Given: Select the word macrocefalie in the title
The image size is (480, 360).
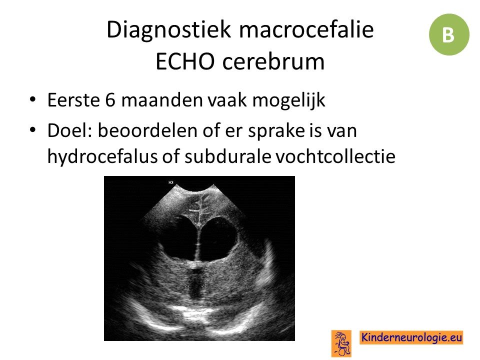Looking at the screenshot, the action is [x=306, y=29].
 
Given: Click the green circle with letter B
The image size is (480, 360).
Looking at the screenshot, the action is [x=449, y=34].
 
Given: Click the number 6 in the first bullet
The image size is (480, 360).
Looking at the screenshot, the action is [x=110, y=100].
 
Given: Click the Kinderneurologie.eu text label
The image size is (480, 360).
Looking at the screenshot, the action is [x=411, y=337].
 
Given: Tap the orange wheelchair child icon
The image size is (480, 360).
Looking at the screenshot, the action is [x=341, y=343].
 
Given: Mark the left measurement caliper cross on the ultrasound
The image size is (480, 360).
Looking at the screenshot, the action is [x=186, y=286].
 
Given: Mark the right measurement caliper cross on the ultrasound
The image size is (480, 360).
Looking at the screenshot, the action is [x=203, y=286].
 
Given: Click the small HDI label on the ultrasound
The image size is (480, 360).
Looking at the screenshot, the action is [x=171, y=182].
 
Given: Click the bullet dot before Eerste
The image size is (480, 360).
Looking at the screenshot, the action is [x=32, y=100].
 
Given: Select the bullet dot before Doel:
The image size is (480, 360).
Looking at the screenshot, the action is [x=32, y=130].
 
